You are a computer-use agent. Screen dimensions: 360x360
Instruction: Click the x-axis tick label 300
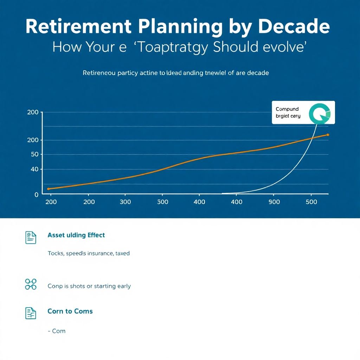point(125,202)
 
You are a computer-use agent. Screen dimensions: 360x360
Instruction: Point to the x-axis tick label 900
point(274,202)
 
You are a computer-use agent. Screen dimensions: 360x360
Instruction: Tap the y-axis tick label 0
point(37,194)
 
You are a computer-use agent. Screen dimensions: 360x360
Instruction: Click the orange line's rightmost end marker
point(328,135)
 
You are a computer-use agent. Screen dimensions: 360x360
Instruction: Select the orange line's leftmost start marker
point(49,189)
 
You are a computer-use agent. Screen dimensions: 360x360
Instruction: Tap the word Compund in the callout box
point(287,109)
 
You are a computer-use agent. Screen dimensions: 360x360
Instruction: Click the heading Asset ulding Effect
point(76,235)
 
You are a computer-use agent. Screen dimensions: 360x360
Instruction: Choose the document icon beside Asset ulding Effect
point(31,238)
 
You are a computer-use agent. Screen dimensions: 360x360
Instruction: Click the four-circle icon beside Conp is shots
point(31,284)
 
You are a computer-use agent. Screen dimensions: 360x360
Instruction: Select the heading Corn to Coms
point(70,311)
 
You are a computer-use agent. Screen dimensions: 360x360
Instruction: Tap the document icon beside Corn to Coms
point(31,313)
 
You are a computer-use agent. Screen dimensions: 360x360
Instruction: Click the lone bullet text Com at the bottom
point(59,331)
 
